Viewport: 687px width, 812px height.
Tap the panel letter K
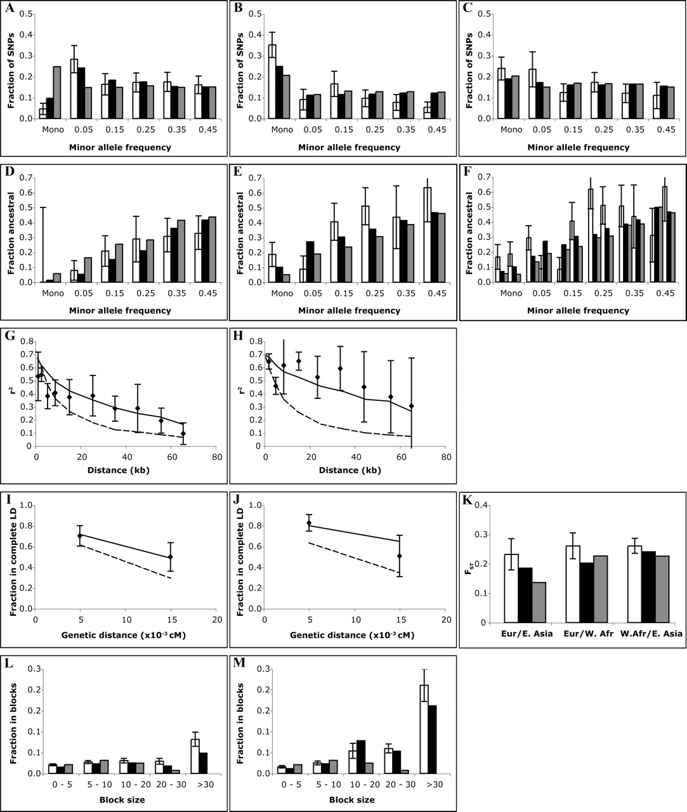click(x=466, y=501)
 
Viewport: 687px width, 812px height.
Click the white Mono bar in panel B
click(x=254, y=82)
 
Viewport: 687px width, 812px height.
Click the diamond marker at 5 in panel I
click(x=80, y=536)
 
